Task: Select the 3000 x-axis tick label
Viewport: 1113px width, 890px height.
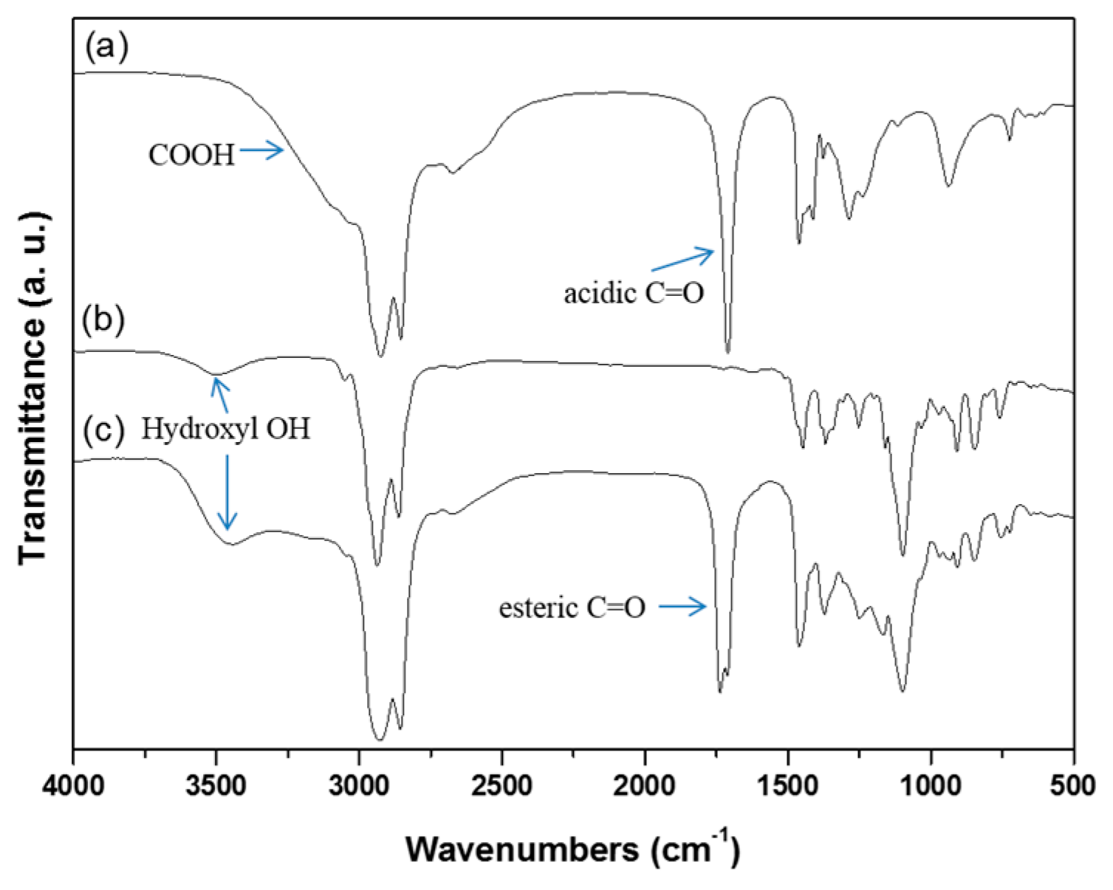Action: click(x=359, y=784)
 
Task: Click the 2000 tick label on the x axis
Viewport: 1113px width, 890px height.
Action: click(x=645, y=784)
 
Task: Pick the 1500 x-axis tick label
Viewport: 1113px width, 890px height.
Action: click(x=788, y=784)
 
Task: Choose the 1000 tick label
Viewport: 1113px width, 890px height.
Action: click(x=931, y=784)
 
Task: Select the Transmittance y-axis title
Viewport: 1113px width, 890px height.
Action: click(x=33, y=387)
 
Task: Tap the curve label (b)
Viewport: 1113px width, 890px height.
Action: click(x=103, y=321)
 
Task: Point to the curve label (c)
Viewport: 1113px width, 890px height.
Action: click(x=103, y=430)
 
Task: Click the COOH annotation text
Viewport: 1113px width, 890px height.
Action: click(x=191, y=155)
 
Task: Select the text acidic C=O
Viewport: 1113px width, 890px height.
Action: click(x=634, y=293)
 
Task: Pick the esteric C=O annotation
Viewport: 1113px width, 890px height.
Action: click(x=572, y=608)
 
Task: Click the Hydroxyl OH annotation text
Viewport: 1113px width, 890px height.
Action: click(x=225, y=429)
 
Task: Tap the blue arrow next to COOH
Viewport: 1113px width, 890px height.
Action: click(x=261, y=151)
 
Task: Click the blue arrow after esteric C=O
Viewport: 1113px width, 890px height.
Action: click(x=683, y=607)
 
